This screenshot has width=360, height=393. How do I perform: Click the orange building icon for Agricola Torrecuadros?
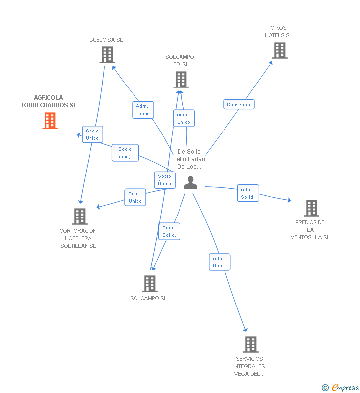pyautogui.click(x=50, y=121)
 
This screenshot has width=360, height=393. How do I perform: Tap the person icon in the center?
pyautogui.click(x=190, y=183)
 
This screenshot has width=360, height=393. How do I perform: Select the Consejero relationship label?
pyautogui.click(x=239, y=104)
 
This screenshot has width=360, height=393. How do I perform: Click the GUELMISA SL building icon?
pyautogui.click(x=107, y=55)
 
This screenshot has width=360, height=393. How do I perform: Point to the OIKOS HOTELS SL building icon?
pyautogui.click(x=280, y=50)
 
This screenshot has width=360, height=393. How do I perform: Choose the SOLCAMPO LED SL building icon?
pyautogui.click(x=181, y=80)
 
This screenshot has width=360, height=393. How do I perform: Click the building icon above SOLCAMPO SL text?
pyautogui.click(x=150, y=284)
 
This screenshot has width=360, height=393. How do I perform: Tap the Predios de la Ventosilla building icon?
pyautogui.click(x=312, y=208)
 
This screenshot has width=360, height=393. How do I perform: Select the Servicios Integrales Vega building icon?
pyautogui.click(x=251, y=345)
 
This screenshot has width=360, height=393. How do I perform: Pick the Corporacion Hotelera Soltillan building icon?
pyautogui.click(x=80, y=217)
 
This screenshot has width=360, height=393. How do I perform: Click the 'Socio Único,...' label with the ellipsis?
pyautogui.click(x=125, y=153)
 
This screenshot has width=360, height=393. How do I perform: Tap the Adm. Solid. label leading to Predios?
pyautogui.click(x=248, y=193)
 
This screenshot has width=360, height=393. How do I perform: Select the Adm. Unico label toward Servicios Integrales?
pyautogui.click(x=220, y=262)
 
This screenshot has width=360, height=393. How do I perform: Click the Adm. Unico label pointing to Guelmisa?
pyautogui.click(x=143, y=110)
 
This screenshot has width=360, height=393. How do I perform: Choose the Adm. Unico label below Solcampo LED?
pyautogui.click(x=184, y=118)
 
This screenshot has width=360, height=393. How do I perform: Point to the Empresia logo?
pyautogui.click(x=340, y=387)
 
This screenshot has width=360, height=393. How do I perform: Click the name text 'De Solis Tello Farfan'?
pyautogui.click(x=189, y=155)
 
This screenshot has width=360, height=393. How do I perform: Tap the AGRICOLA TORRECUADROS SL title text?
pyautogui.click(x=48, y=101)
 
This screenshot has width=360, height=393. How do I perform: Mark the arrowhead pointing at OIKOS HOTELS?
pyautogui.click(x=271, y=63)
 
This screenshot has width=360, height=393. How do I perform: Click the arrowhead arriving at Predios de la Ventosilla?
pyautogui.click(x=289, y=200)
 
